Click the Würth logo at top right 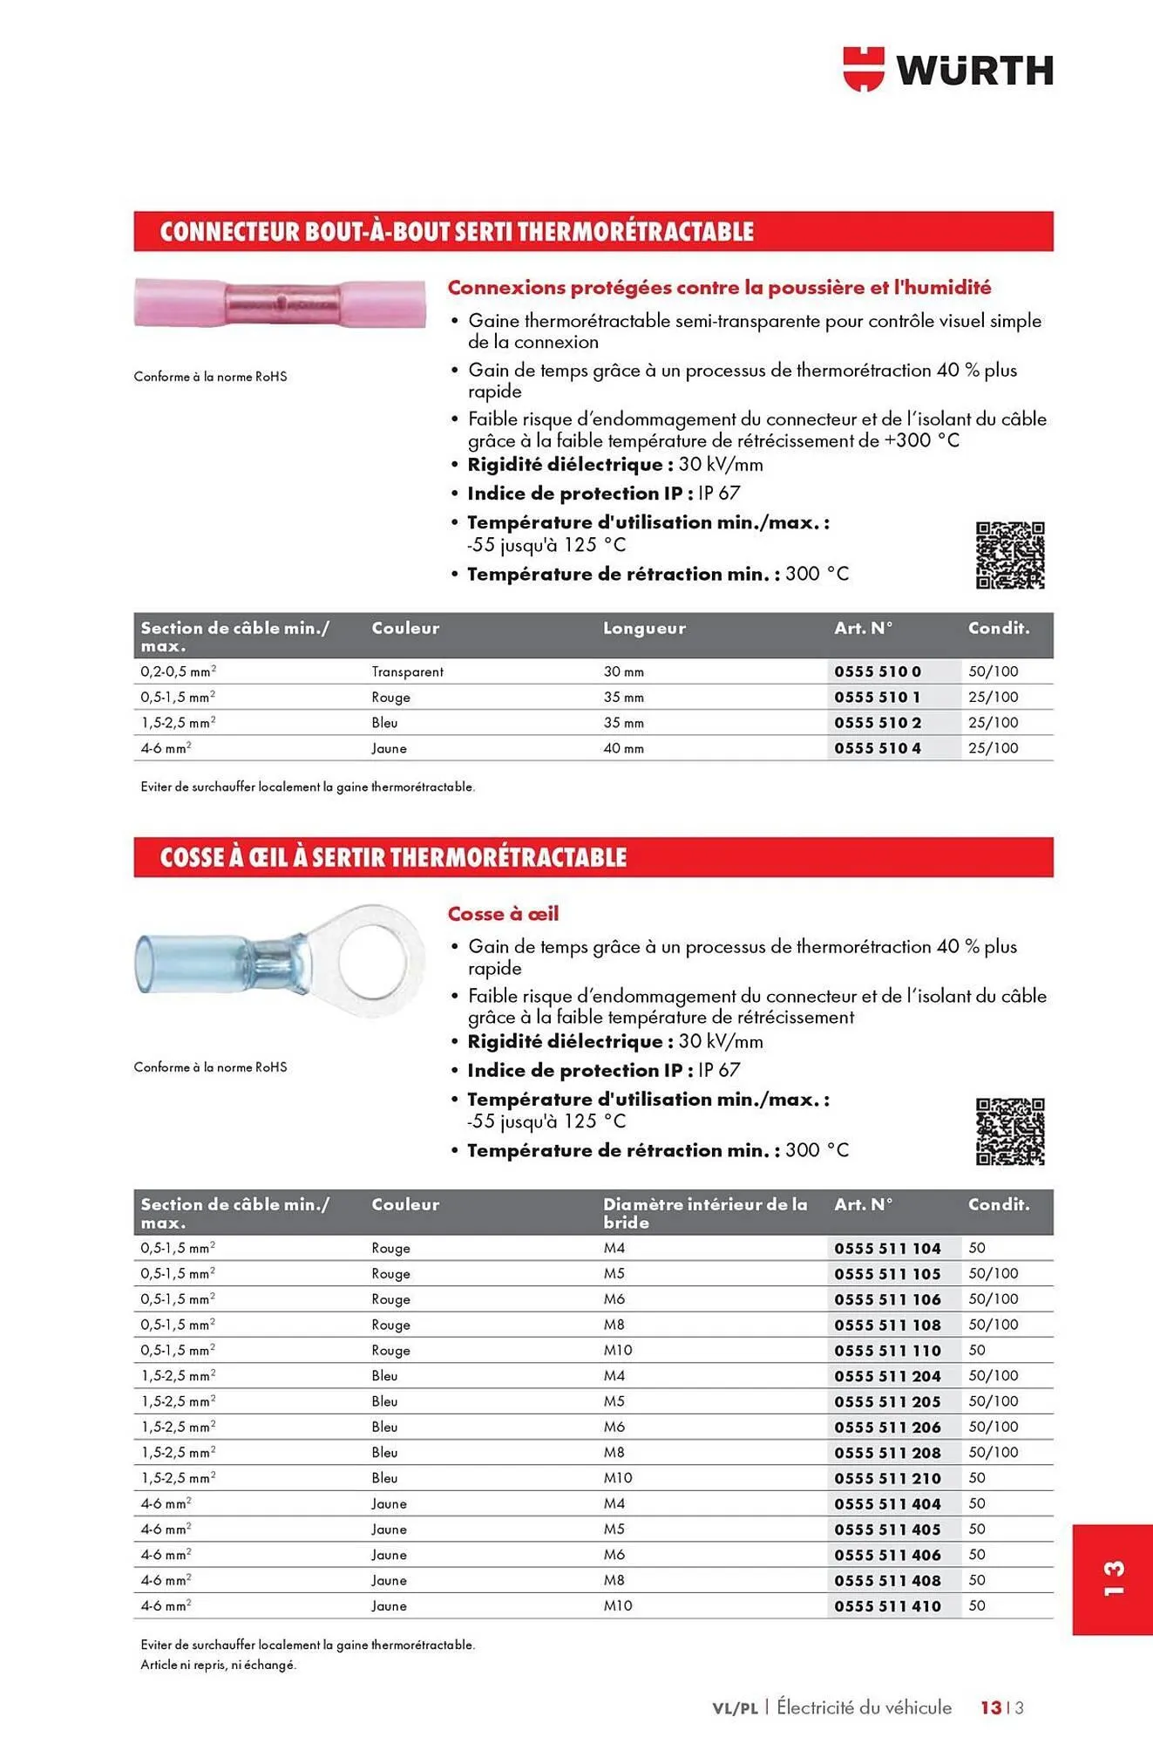click(x=948, y=70)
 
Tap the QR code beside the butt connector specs click(x=1010, y=555)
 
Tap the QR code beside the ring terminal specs click(x=1010, y=1132)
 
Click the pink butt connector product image click(x=280, y=303)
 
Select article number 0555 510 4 click(x=877, y=748)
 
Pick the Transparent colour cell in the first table click(x=407, y=671)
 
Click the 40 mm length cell click(x=623, y=748)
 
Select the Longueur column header click(x=644, y=628)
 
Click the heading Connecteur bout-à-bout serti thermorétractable click(x=457, y=232)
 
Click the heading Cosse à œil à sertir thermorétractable click(x=393, y=857)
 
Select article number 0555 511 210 click(x=887, y=1479)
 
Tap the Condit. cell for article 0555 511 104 click(x=977, y=1249)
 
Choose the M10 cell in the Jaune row click(x=618, y=1606)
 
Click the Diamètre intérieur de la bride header click(x=704, y=1213)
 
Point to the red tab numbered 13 click(x=1112, y=1579)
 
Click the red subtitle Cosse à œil click(x=503, y=914)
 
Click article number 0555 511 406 click(x=887, y=1555)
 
